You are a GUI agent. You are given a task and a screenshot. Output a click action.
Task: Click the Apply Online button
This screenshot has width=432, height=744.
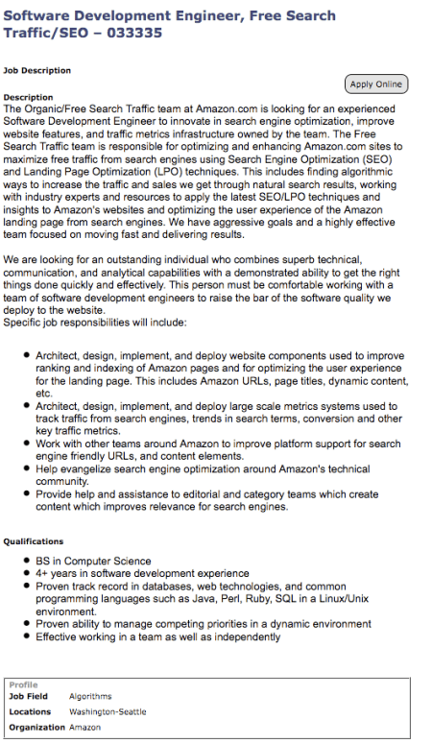(x=376, y=84)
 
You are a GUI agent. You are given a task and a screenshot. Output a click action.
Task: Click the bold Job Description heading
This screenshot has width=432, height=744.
(x=37, y=70)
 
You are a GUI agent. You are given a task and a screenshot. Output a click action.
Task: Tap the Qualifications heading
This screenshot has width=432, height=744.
(x=34, y=540)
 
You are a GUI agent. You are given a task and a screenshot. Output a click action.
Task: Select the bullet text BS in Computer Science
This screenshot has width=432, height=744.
(x=93, y=561)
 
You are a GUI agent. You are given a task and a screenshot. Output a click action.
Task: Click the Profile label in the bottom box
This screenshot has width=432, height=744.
(x=23, y=684)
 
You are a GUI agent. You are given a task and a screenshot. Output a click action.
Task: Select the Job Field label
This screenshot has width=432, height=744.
(x=29, y=696)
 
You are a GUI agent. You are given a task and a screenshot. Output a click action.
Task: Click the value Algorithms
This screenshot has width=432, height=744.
(x=90, y=696)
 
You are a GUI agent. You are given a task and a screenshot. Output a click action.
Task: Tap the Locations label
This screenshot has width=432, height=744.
(x=30, y=712)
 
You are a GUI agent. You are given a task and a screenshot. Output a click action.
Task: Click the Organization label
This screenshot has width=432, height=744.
(x=36, y=728)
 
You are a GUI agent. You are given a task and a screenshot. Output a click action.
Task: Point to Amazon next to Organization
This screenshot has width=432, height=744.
(x=85, y=728)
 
